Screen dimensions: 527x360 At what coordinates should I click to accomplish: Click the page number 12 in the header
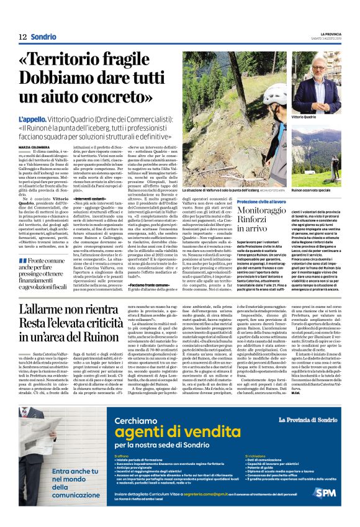[x=22, y=37]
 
